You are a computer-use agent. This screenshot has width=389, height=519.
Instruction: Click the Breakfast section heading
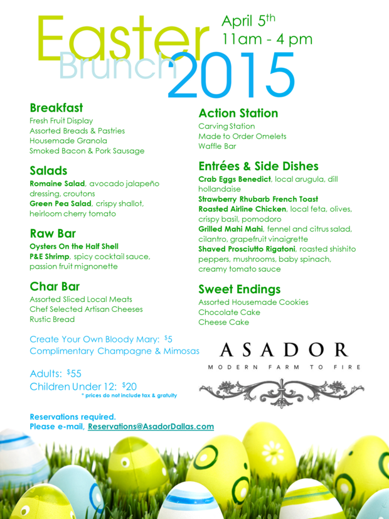pos(56,107)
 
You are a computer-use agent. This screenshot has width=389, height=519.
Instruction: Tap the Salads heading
pos(48,171)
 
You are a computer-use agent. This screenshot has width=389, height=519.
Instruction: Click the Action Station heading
pos(238,114)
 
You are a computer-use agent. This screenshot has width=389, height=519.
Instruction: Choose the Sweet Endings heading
pos(239,289)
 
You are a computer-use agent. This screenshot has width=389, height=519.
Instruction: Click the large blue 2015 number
pos(232,75)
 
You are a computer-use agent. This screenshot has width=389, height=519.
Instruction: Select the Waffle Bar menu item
pos(217,146)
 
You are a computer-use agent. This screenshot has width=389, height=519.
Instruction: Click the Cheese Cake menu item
pos(223,322)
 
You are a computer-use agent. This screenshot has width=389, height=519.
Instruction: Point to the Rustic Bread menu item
pos(52,319)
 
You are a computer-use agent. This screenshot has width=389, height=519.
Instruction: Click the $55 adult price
pos(74,373)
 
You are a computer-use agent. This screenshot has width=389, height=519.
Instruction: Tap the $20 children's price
pos(130,386)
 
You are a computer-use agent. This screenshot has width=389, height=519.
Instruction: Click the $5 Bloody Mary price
pos(168,339)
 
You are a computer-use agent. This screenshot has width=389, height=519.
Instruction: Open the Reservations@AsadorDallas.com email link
pos(151,426)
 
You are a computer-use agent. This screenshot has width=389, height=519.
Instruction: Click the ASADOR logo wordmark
pos(283,350)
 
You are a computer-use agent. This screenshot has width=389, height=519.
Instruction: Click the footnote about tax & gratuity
pos(129,395)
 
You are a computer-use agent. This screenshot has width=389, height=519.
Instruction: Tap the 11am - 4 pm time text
pos(267,40)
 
